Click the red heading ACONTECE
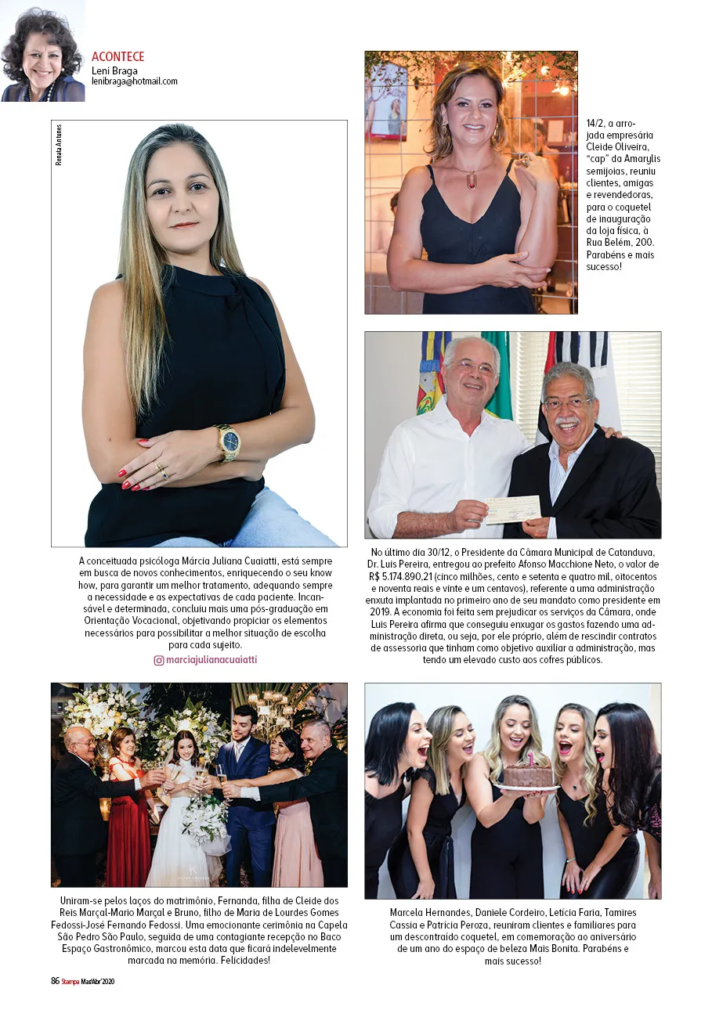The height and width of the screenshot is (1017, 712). (x=117, y=57)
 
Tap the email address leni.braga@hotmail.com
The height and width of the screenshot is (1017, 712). (x=134, y=81)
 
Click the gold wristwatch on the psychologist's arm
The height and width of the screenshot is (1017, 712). (x=228, y=442)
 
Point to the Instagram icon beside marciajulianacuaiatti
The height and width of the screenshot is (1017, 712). (x=159, y=660)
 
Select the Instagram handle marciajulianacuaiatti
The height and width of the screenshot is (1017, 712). (x=211, y=660)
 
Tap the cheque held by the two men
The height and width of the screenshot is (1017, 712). (x=511, y=509)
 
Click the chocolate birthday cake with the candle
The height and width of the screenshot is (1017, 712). (x=528, y=774)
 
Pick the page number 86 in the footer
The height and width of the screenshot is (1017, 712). (x=55, y=981)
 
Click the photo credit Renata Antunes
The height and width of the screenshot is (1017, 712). (x=59, y=145)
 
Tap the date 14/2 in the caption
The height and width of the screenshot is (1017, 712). (x=595, y=124)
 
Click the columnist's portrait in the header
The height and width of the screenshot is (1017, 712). (x=42, y=52)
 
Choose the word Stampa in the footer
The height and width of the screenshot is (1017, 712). (x=70, y=982)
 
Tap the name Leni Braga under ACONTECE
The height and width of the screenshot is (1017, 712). (x=114, y=70)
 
